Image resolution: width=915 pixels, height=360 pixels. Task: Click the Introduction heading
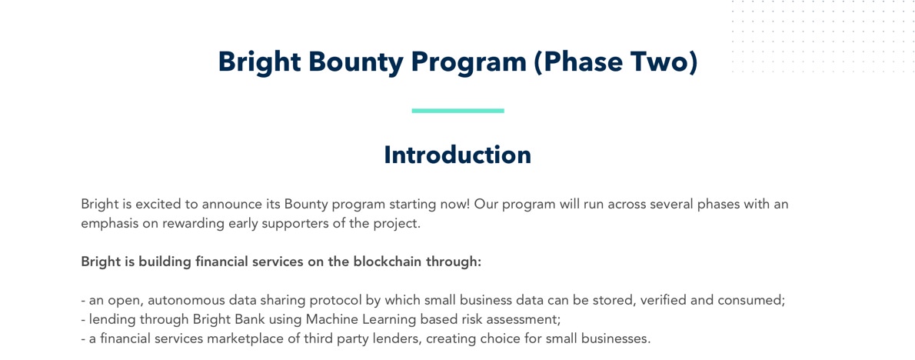[457, 155]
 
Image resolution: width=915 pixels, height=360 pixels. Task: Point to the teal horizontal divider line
[457, 110]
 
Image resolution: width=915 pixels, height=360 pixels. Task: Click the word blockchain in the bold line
[385, 262]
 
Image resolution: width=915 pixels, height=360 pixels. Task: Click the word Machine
[327, 320]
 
